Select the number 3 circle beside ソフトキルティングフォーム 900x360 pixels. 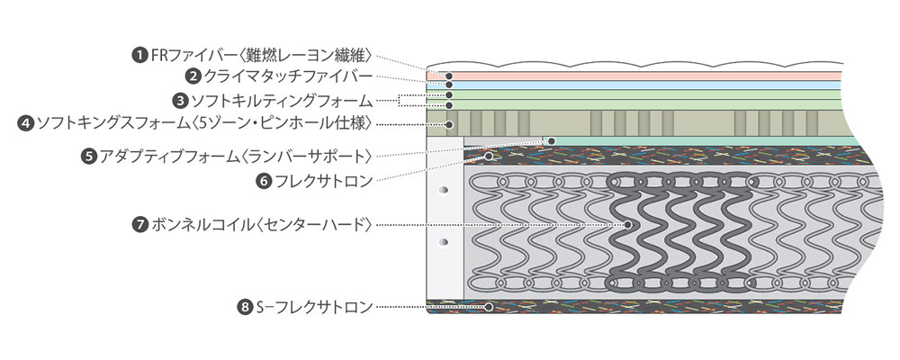180,100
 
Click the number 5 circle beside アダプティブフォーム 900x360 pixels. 88,156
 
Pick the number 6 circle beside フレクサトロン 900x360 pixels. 264,180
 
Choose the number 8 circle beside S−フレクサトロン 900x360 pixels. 244,308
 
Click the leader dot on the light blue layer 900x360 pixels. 448,85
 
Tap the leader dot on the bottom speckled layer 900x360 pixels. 489,308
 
